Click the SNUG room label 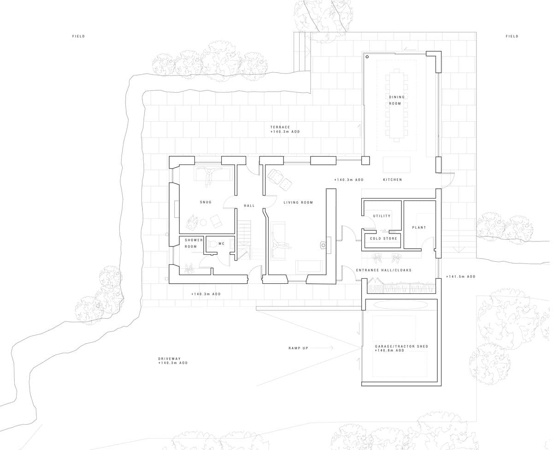pyautogui.click(x=206, y=202)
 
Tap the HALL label pyautogui.click(x=249, y=206)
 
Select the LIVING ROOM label pyautogui.click(x=298, y=203)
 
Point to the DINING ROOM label pyautogui.click(x=396, y=100)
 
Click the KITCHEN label pyautogui.click(x=392, y=180)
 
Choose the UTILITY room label pyautogui.click(x=382, y=216)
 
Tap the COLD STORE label pyautogui.click(x=383, y=239)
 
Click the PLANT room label pyautogui.click(x=419, y=228)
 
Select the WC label pyautogui.click(x=221, y=244)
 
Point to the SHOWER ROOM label pyautogui.click(x=194, y=243)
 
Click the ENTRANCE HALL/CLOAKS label pyautogui.click(x=383, y=270)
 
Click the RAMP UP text pyautogui.click(x=298, y=348)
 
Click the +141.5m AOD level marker pyautogui.click(x=460, y=277)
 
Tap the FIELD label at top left pyautogui.click(x=79, y=36)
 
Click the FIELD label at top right pyautogui.click(x=512, y=36)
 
